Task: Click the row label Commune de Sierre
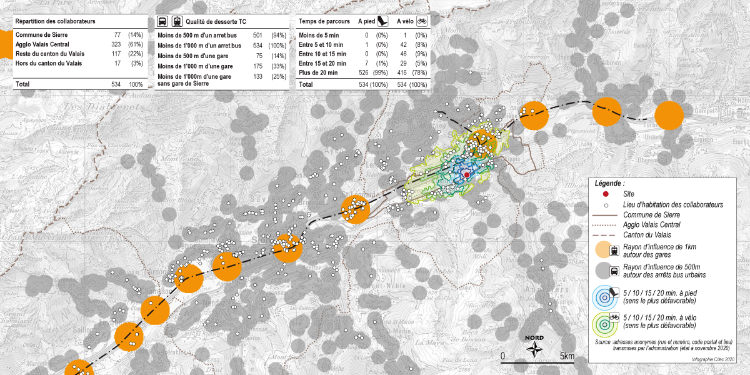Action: pyautogui.click(x=41, y=35)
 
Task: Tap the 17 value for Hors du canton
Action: pyautogui.click(x=117, y=63)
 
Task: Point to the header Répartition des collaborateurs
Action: pyautogui.click(x=55, y=21)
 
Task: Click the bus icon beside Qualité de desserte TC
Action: pyautogui.click(x=162, y=21)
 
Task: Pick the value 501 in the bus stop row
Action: pyautogui.click(x=257, y=36)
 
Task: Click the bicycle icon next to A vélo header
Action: pyautogui.click(x=422, y=21)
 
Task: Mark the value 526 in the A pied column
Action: pyautogui.click(x=363, y=72)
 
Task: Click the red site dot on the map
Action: pyautogui.click(x=467, y=175)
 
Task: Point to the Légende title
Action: pyautogui.click(x=609, y=184)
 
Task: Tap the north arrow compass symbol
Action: pyautogui.click(x=535, y=351)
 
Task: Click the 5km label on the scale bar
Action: pyautogui.click(x=566, y=356)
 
